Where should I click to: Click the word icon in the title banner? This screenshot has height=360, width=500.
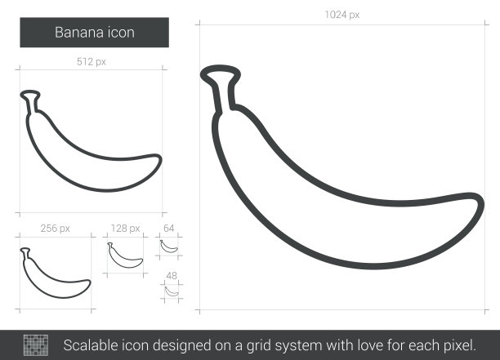121,33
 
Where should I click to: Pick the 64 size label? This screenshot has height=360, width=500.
168,228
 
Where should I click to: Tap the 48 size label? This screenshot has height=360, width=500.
172,276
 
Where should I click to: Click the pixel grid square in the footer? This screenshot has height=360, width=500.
36,345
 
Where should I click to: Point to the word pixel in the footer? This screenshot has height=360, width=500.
459,345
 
